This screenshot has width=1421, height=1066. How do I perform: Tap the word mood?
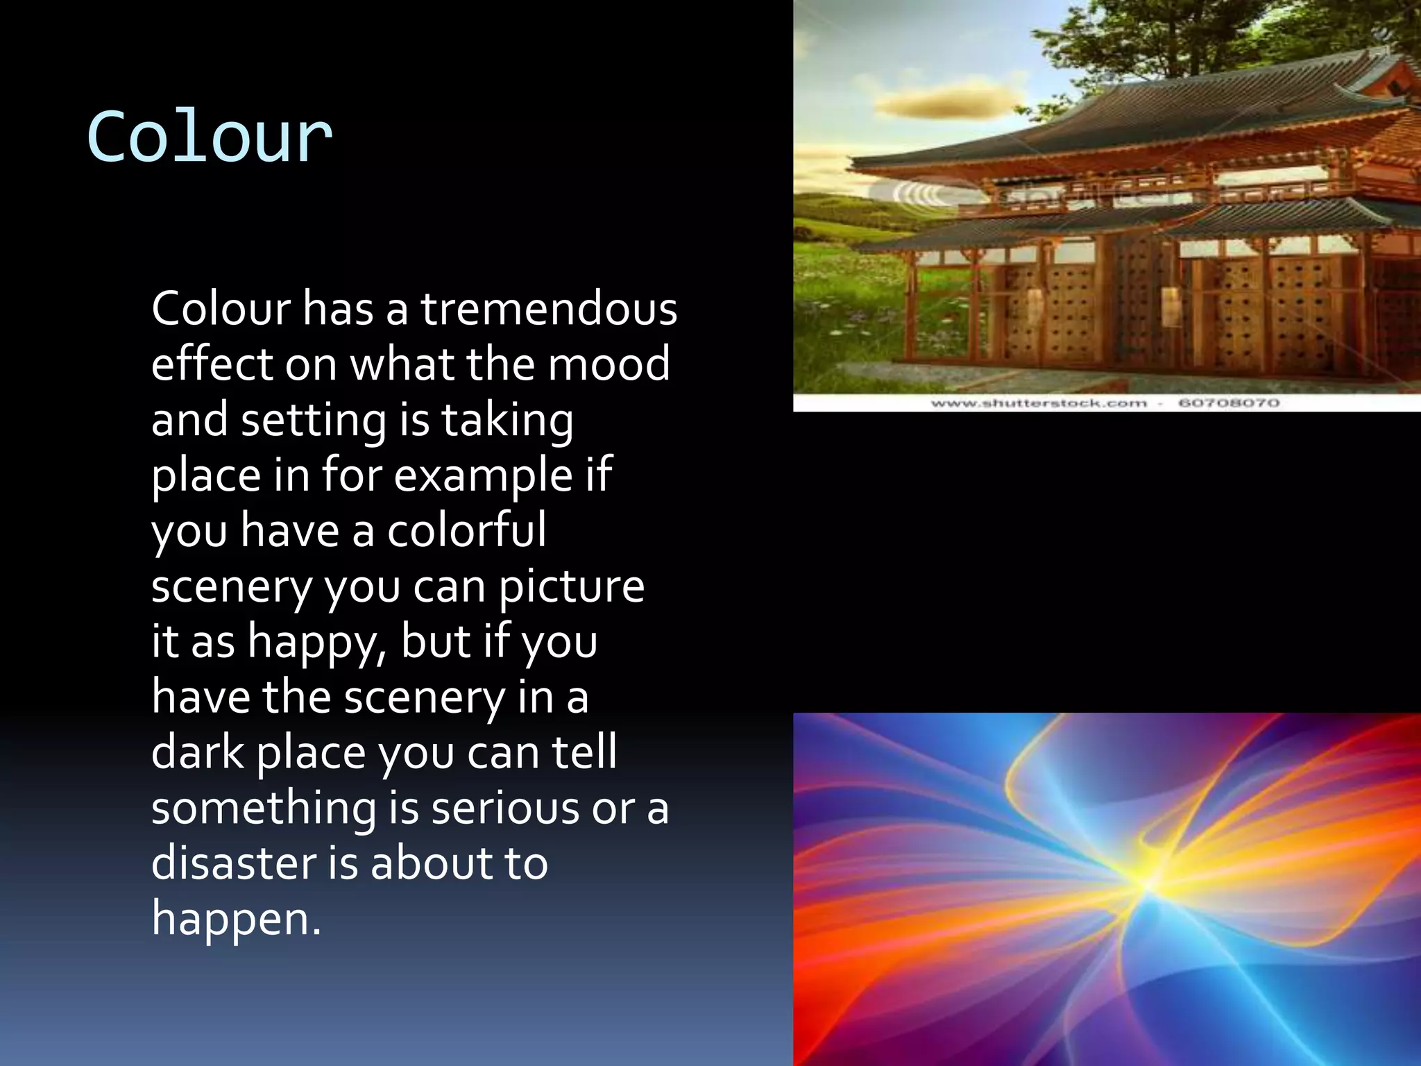[609, 364]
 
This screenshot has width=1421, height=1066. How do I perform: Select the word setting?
[313, 421]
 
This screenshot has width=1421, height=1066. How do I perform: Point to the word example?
[483, 476]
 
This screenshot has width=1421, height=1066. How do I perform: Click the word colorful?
[466, 530]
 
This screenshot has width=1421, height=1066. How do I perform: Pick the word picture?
[572, 587]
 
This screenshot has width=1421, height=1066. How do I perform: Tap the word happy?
[316, 643]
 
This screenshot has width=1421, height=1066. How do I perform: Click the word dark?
[198, 752]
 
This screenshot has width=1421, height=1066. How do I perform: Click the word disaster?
[233, 863]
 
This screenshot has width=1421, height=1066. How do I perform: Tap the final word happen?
[236, 919]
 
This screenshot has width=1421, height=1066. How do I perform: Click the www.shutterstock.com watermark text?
[1038, 403]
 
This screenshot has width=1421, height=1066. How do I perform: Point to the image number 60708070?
[1229, 403]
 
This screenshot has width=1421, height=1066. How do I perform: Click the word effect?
[212, 364]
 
